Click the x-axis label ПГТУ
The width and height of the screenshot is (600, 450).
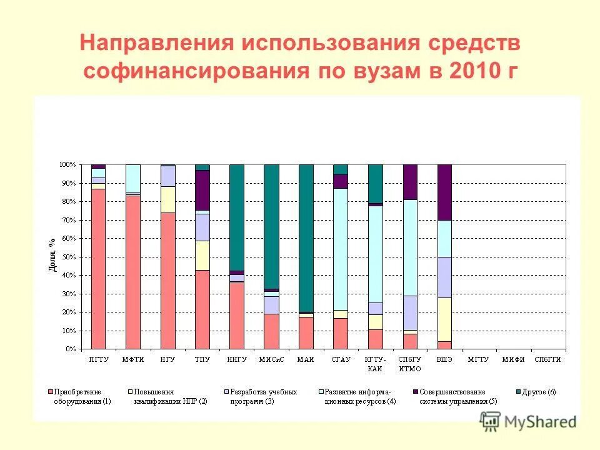click(x=98, y=359)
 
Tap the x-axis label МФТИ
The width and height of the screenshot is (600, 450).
click(x=132, y=359)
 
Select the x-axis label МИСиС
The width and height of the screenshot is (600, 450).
click(x=271, y=359)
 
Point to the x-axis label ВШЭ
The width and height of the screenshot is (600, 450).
click(x=444, y=359)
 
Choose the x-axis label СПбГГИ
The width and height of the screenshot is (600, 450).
click(x=547, y=359)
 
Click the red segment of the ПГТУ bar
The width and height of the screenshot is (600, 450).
click(x=98, y=269)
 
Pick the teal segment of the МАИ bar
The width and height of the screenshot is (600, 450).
click(x=306, y=237)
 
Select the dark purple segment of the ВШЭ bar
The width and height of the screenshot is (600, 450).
click(x=444, y=192)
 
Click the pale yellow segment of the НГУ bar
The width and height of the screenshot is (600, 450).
click(x=167, y=199)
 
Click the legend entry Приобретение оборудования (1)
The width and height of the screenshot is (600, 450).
click(x=81, y=396)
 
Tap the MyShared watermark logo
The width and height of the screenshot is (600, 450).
click(x=528, y=421)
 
